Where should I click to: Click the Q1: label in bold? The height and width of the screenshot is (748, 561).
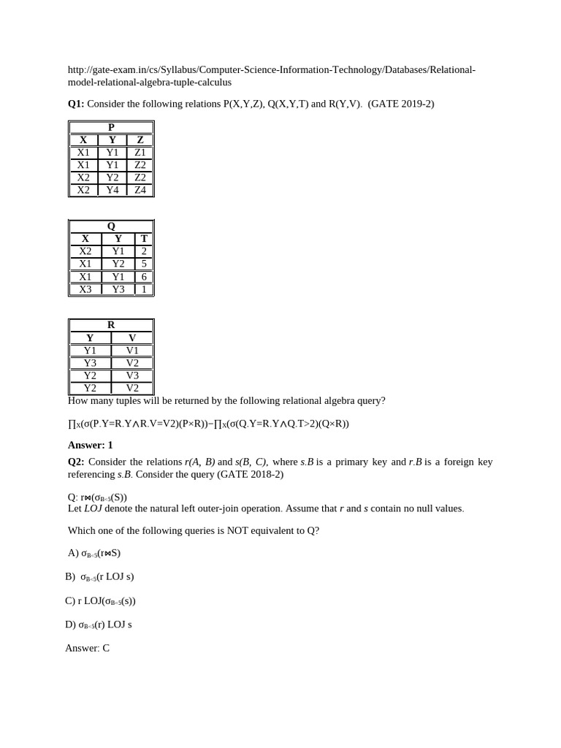tap(76, 104)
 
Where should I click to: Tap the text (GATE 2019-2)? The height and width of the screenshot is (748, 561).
tap(401, 104)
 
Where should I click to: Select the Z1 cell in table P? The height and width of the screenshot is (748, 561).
tap(140, 153)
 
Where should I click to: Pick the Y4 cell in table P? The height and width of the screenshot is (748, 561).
tap(112, 190)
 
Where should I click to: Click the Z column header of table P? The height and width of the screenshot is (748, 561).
tap(140, 140)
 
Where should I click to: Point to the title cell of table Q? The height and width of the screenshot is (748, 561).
tap(111, 226)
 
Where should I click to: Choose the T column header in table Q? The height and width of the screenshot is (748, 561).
tap(144, 239)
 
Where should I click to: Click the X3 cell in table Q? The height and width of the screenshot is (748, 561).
tap(85, 289)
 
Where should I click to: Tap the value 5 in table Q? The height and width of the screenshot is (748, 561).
tap(144, 264)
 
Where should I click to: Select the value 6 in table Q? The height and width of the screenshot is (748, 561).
tap(144, 277)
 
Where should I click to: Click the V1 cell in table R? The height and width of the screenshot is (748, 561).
tap(132, 351)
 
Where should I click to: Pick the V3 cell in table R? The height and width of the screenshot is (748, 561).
tap(132, 375)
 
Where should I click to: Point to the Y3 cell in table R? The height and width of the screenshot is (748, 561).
tap(90, 363)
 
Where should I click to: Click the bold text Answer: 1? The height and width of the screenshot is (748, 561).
tap(91, 445)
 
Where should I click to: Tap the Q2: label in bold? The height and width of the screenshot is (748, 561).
tap(76, 462)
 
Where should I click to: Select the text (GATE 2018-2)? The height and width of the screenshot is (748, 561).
tap(250, 474)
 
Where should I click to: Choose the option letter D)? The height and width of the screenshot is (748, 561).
tap(70, 625)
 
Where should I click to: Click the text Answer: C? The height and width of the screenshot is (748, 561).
tap(87, 648)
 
